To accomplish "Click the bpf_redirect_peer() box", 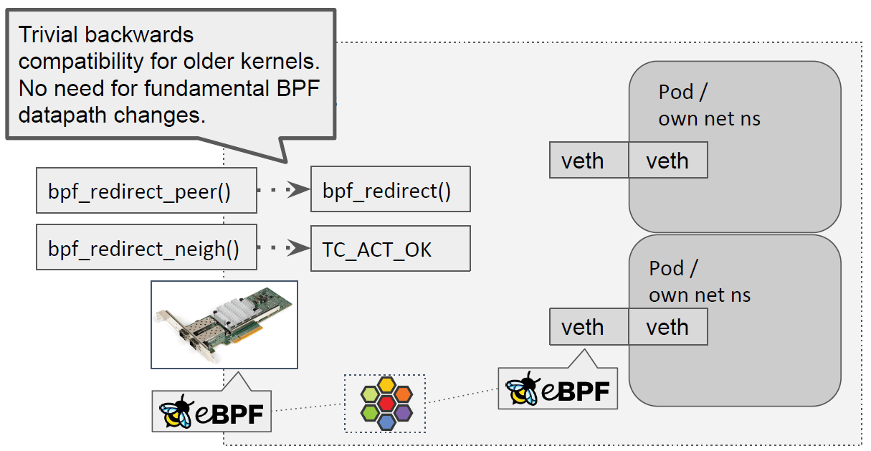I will [146, 191].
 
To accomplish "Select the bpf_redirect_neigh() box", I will [146, 249].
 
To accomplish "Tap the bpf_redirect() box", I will [390, 191].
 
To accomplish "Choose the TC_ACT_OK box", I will [390, 249].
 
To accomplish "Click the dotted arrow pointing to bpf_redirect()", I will [283, 191].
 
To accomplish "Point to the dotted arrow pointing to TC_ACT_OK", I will [283, 249].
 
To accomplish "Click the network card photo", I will [224, 324].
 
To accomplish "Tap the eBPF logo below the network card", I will [211, 412].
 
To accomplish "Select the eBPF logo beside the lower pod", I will [558, 389].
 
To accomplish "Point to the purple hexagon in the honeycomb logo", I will [403, 412].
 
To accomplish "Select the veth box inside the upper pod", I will [667, 161].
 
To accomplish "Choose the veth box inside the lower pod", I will [667, 327].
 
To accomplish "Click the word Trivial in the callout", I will [46, 34].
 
